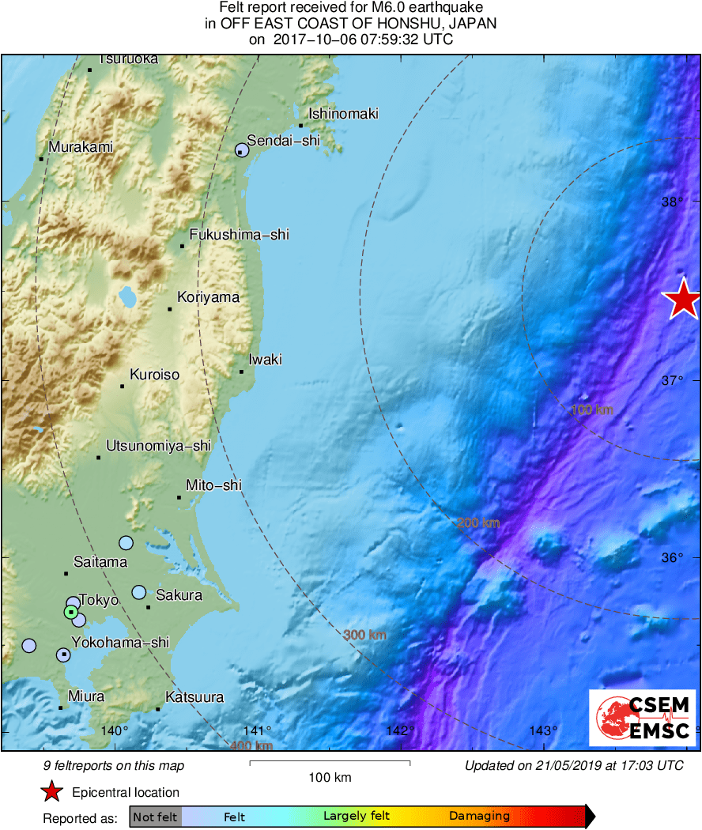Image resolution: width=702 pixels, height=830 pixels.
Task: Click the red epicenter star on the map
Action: click(681, 300)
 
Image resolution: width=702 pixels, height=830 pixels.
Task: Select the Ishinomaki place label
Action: click(343, 114)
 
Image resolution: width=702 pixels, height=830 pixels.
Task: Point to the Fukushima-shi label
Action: click(239, 234)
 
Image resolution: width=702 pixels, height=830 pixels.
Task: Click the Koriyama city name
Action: click(208, 297)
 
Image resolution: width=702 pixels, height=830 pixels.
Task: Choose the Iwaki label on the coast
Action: click(265, 360)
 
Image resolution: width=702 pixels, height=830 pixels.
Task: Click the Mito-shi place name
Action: click(213, 485)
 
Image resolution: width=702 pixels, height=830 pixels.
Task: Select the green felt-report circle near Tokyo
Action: click(70, 612)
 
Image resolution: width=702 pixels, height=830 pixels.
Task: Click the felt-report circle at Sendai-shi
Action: click(242, 150)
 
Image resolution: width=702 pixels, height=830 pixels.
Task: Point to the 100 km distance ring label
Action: click(592, 409)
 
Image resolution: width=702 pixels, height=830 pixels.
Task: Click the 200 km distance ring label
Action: click(478, 523)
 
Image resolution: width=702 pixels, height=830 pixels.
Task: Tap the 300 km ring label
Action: click(364, 635)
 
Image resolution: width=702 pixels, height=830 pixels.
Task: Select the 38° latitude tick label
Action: click(673, 202)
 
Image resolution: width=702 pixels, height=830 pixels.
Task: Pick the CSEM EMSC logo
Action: click(642, 718)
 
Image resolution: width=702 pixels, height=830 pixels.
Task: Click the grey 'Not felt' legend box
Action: click(155, 817)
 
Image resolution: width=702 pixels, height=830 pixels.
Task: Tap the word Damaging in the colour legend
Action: click(479, 817)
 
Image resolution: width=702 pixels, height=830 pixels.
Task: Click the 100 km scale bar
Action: click(330, 763)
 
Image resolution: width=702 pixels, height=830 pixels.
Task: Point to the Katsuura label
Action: click(194, 697)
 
